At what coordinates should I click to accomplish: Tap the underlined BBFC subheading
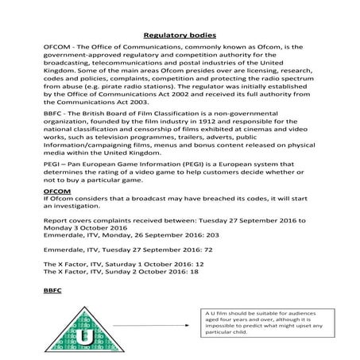point(52,292)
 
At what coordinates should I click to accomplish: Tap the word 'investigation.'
point(88,206)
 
